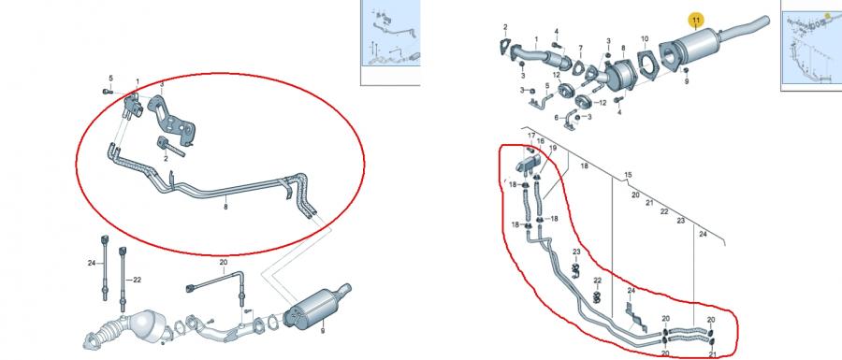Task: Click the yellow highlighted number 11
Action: [696, 21]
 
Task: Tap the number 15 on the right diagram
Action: [628, 176]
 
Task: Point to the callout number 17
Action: [531, 136]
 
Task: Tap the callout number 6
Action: [556, 118]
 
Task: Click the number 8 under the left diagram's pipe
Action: [225, 207]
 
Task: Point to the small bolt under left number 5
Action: [107, 92]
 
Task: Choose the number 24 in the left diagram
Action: [92, 263]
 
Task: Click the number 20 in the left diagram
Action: [224, 263]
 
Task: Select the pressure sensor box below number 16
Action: [529, 163]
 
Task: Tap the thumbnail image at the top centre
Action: [390, 34]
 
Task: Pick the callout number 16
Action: [541, 141]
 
